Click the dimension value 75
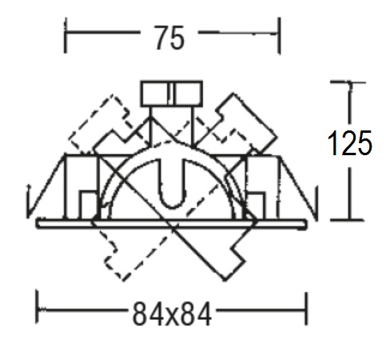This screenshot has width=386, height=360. pyautogui.click(x=169, y=38)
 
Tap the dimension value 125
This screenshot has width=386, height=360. pyautogui.click(x=349, y=143)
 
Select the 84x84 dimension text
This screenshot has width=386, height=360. pyautogui.click(x=172, y=314)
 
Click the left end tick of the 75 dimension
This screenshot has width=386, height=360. pyautogui.click(x=66, y=35)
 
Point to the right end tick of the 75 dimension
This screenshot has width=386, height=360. pyautogui.click(x=279, y=35)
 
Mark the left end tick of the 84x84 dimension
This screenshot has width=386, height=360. pyautogui.click(x=38, y=307)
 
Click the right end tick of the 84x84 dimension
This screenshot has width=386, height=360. pyautogui.click(x=306, y=309)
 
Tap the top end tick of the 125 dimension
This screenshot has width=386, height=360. pyautogui.click(x=348, y=82)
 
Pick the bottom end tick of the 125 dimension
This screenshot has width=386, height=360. pyautogui.click(x=348, y=220)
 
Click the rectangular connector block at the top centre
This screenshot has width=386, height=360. pyautogui.click(x=172, y=94)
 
